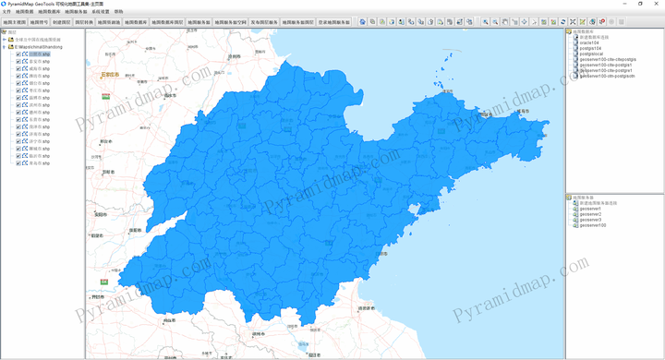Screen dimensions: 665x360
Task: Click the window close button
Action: coord(656,4)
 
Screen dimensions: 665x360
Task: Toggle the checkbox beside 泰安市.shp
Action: coord(18,61)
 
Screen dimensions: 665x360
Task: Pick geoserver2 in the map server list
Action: coord(590,214)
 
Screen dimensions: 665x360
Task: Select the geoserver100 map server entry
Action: coord(592,225)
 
